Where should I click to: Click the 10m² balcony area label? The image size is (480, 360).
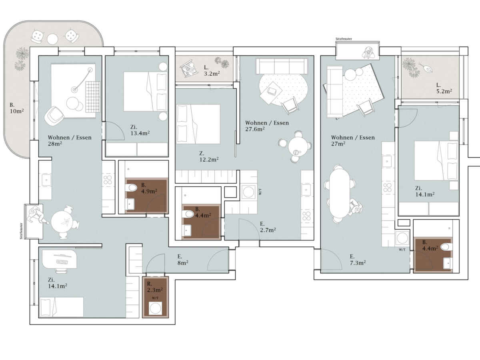(17, 108)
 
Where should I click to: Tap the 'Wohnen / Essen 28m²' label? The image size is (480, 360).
(70, 140)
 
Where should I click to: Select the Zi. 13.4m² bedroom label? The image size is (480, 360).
(140, 130)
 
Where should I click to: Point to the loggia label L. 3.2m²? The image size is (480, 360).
(212, 70)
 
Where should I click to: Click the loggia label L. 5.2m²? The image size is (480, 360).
(444, 88)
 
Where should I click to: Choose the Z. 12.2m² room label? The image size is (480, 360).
(209, 156)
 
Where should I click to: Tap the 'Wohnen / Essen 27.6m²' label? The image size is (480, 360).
(267, 126)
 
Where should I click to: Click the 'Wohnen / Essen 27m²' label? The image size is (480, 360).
(353, 140)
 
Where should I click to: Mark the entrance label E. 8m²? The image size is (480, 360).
(183, 260)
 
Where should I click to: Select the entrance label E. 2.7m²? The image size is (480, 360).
(268, 227)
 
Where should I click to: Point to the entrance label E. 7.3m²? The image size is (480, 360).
(358, 260)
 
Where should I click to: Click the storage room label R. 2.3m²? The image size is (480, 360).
(155, 287)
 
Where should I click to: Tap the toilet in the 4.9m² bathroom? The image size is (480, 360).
(132, 188)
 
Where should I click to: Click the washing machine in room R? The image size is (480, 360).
(155, 308)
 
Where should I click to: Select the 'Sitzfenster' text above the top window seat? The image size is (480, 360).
(344, 39)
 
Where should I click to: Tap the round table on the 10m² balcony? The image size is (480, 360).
(52, 39)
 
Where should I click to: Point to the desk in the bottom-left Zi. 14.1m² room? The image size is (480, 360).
(60, 259)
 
